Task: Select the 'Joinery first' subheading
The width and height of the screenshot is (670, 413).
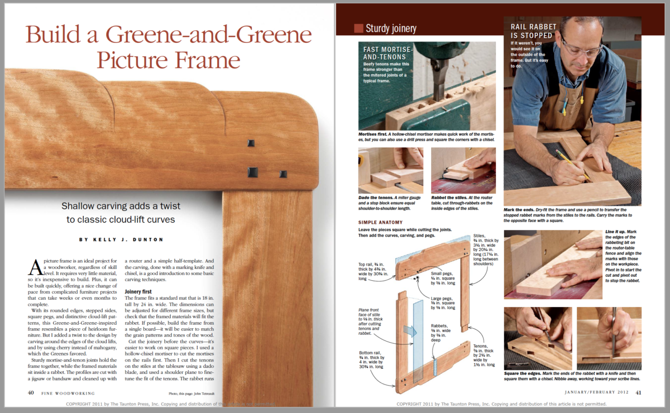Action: point(142,291)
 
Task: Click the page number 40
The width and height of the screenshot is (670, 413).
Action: point(31,392)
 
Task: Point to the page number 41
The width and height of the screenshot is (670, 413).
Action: point(638,392)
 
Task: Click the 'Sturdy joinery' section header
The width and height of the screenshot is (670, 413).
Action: point(391,28)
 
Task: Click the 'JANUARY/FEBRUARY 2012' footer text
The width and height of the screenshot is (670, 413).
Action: point(596,392)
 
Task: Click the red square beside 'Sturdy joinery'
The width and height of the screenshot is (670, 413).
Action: point(358,28)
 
